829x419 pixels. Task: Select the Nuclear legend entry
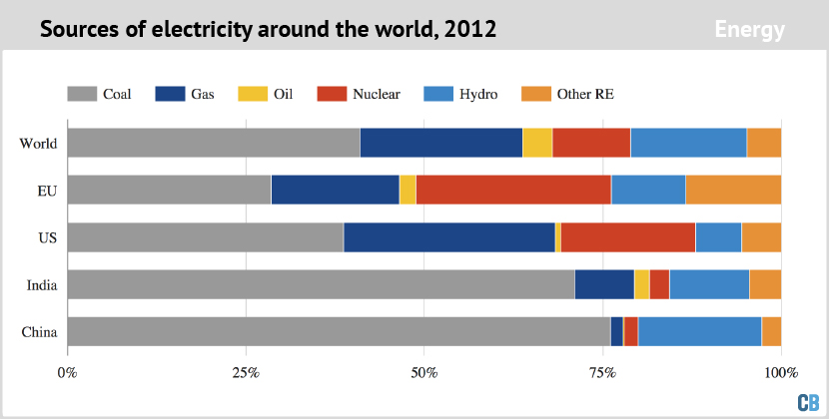[359, 94]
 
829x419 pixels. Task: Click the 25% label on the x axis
[246, 373]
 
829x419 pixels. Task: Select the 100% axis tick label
[780, 373]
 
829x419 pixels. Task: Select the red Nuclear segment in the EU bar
[513, 190]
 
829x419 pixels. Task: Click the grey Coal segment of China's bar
[339, 331]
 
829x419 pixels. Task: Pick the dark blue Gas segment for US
[449, 236]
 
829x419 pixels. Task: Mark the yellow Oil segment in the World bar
[537, 143]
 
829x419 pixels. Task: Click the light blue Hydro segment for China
[700, 331]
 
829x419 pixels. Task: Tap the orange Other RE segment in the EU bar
[733, 190]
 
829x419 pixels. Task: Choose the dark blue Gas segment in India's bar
[604, 284]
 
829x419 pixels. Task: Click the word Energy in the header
[749, 30]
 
